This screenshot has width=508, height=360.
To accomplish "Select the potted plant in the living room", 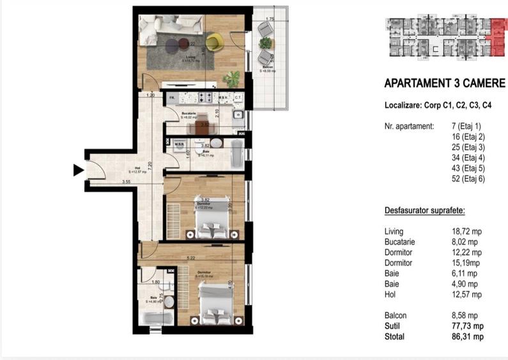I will click(x=231, y=79).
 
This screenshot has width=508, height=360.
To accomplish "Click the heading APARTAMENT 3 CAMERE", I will click(x=445, y=84).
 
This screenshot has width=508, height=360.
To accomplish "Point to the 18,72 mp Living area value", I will click(x=464, y=231).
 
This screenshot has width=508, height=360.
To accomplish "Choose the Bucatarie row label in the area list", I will click(x=400, y=242).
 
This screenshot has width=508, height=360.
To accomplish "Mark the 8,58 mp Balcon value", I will click(x=464, y=316).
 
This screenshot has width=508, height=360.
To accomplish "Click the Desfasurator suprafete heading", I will click(x=424, y=210).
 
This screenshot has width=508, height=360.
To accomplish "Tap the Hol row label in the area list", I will click(x=390, y=295).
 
